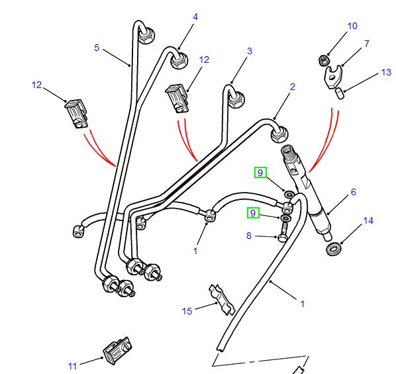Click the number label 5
pos(96,48)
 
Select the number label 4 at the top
pos(195,17)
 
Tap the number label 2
pos(292,87)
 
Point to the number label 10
pos(352,26)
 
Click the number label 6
pos(354,192)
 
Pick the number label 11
pos(72,365)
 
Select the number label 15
pos(187,310)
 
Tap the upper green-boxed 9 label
pos(260,173)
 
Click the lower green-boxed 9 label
pos(253,213)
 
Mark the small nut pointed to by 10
pos(324,61)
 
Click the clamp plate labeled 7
pos(331,74)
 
